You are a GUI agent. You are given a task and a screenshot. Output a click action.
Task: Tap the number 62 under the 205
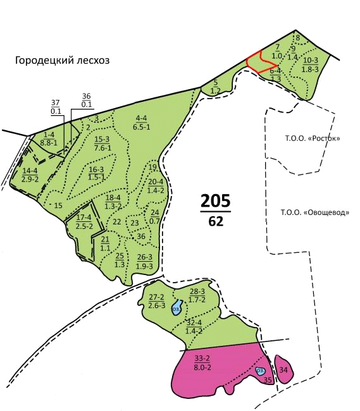coord(215,221)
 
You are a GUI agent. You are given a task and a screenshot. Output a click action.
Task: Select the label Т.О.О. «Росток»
coord(309,137)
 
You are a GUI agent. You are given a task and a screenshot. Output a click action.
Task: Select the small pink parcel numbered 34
coord(283,371)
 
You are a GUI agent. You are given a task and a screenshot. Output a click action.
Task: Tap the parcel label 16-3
coord(96,173)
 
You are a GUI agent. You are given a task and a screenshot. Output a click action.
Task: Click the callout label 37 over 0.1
coord(56,107)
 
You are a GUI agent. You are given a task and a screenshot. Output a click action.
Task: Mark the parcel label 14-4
coord(30,175)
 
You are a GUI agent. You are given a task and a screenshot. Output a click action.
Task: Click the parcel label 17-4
coord(84,222)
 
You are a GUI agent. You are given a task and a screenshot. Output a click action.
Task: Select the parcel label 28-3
coord(197,294)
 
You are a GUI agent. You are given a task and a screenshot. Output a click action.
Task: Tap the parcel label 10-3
coord(311,64)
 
